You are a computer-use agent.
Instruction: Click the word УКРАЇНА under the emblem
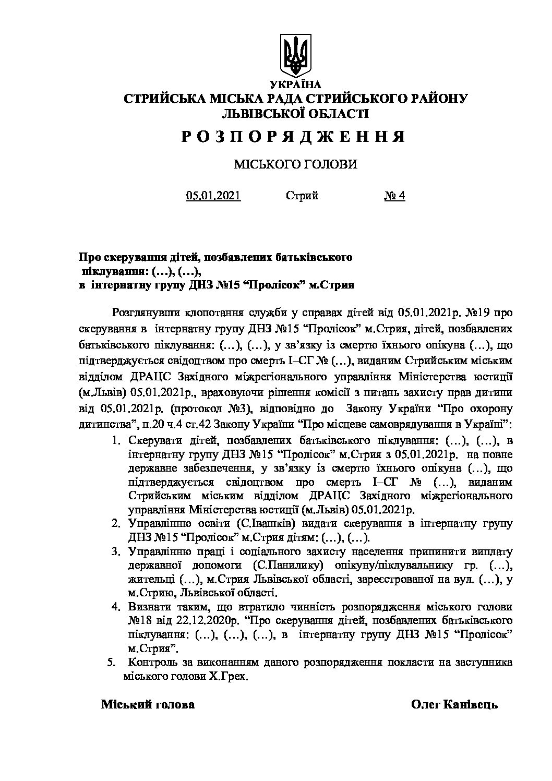(x=295, y=84)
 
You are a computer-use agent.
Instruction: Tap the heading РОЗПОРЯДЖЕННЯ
(x=294, y=137)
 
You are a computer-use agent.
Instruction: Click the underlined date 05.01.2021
(x=213, y=196)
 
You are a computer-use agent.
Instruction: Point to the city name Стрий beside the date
(x=302, y=196)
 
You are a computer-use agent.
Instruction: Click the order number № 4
(x=394, y=196)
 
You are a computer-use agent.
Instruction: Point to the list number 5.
(x=110, y=663)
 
